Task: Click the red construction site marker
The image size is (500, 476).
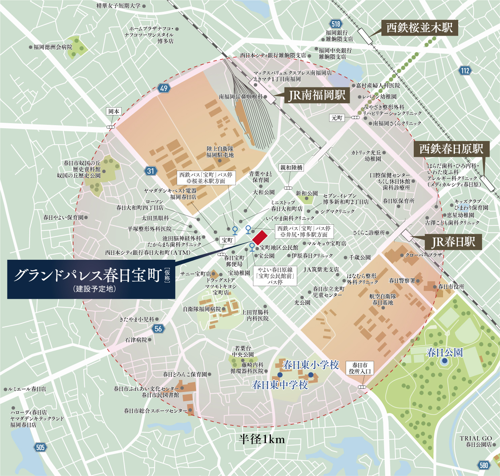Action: pos(260,237)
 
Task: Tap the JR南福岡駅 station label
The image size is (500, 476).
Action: pos(317,95)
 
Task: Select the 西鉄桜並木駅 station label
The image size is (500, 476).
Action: pos(419,28)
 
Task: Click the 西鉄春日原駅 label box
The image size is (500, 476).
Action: pos(451,149)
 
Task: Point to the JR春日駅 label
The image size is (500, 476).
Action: pos(453,242)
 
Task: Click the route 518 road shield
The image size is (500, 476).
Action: pos(336,24)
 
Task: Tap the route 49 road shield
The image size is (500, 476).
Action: pos(164,88)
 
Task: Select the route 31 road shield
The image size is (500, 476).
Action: pos(151,171)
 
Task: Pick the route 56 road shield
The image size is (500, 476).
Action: pos(158,329)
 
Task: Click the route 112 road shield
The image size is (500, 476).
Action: pos(465,71)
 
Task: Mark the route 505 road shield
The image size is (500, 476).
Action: pos(40,447)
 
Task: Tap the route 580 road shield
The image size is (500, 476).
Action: pos(483,465)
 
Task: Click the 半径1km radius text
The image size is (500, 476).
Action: pos(262,439)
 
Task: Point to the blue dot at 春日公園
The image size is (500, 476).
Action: pos(444,361)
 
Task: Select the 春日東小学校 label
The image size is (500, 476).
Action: pos(310,365)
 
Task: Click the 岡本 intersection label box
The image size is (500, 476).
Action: pos(114,112)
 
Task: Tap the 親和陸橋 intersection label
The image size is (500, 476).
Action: pos(291,168)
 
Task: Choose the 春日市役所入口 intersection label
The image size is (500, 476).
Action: pos(360,368)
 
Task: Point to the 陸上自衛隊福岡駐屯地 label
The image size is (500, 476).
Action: pos(220,152)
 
